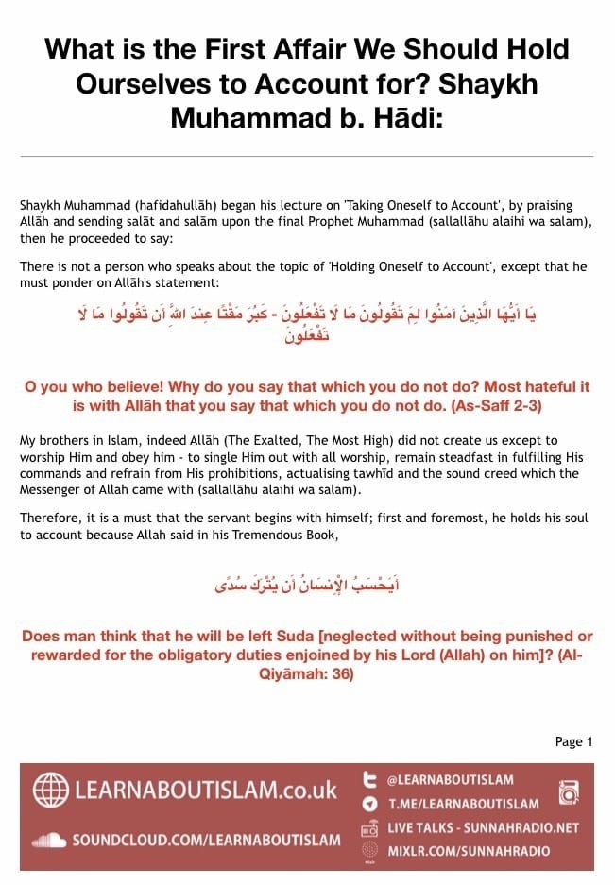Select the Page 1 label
[x=574, y=741]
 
